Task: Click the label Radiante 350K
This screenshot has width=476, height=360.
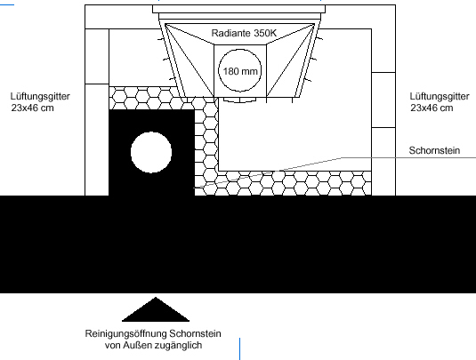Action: [244, 33]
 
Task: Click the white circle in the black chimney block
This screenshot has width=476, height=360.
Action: [151, 152]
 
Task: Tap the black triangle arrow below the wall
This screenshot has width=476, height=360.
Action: [156, 309]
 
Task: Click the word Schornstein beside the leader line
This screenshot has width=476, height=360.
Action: [434, 150]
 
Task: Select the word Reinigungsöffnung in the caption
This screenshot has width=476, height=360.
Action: [125, 334]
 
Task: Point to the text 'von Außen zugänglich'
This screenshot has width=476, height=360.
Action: [153, 345]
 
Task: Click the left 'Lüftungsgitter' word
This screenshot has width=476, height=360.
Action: [40, 97]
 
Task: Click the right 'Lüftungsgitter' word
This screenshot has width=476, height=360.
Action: [440, 97]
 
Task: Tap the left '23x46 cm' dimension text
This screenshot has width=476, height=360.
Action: [33, 108]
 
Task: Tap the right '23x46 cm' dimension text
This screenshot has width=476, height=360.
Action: [432, 108]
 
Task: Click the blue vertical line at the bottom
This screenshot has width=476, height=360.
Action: [240, 348]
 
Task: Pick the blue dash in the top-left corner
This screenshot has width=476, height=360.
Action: [7, 4]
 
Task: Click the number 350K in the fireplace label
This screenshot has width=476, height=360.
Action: [265, 33]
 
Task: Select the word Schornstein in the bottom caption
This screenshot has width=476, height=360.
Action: [195, 334]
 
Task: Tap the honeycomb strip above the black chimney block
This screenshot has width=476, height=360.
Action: [152, 99]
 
